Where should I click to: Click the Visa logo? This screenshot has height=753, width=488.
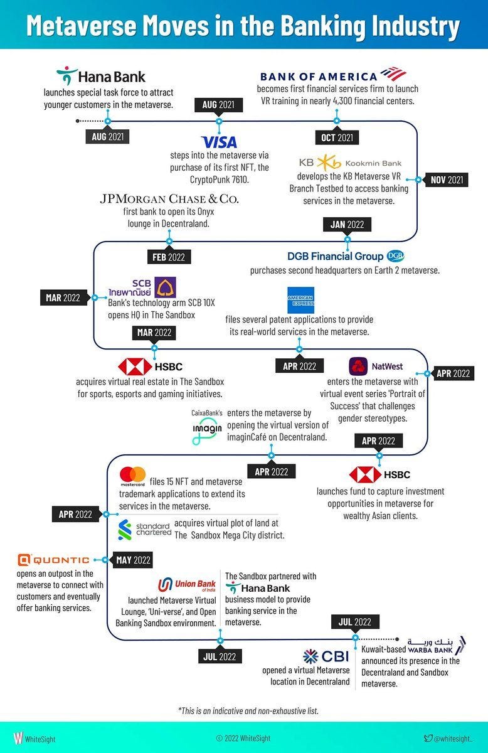pos(219,142)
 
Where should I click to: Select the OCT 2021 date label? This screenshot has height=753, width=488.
pos(337,137)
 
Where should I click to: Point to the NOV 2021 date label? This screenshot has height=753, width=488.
pos(447,180)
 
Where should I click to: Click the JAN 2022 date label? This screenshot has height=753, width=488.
pos(347,224)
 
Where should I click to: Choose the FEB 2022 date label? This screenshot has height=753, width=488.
pos(169,257)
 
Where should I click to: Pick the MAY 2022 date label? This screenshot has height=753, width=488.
pos(132,560)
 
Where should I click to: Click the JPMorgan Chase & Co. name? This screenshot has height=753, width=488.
pos(169,200)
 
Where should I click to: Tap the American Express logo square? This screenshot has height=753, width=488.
pos(300,300)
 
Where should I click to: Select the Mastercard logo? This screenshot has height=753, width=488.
pos(133,477)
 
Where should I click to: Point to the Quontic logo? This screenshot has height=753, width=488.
pos(53,560)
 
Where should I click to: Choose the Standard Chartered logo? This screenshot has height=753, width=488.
pos(144,529)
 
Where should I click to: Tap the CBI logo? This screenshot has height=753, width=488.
pos(326,656)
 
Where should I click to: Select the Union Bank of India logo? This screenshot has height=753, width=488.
pos(187,585)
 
